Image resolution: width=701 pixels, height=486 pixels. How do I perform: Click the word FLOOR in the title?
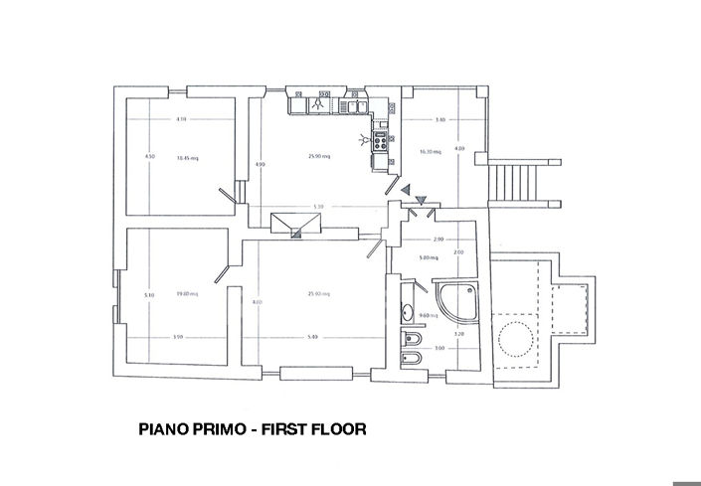point(333,430)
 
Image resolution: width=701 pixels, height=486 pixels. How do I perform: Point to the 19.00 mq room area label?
point(187,293)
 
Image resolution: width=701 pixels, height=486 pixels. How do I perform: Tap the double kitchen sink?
point(352,102)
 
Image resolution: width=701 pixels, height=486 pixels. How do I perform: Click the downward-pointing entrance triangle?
point(421,199)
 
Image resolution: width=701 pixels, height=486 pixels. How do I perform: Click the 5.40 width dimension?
point(313,337)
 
